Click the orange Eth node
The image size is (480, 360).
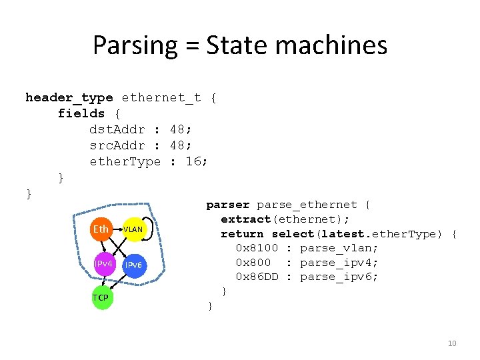tap(101, 229)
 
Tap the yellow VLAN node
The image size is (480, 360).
tap(133, 230)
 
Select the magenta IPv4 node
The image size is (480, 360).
tap(103, 264)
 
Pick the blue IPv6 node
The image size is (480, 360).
tap(133, 265)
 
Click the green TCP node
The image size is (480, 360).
tap(101, 297)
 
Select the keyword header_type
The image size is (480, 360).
tap(69, 98)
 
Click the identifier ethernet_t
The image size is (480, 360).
tap(161, 98)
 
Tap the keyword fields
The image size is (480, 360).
tap(81, 113)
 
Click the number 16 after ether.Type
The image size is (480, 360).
tap(194, 161)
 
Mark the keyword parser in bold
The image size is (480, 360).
tap(228, 205)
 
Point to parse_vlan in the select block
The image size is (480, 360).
tap(339, 248)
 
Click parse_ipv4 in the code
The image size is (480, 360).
tap(339, 263)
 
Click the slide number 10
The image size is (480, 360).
tap(452, 343)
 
